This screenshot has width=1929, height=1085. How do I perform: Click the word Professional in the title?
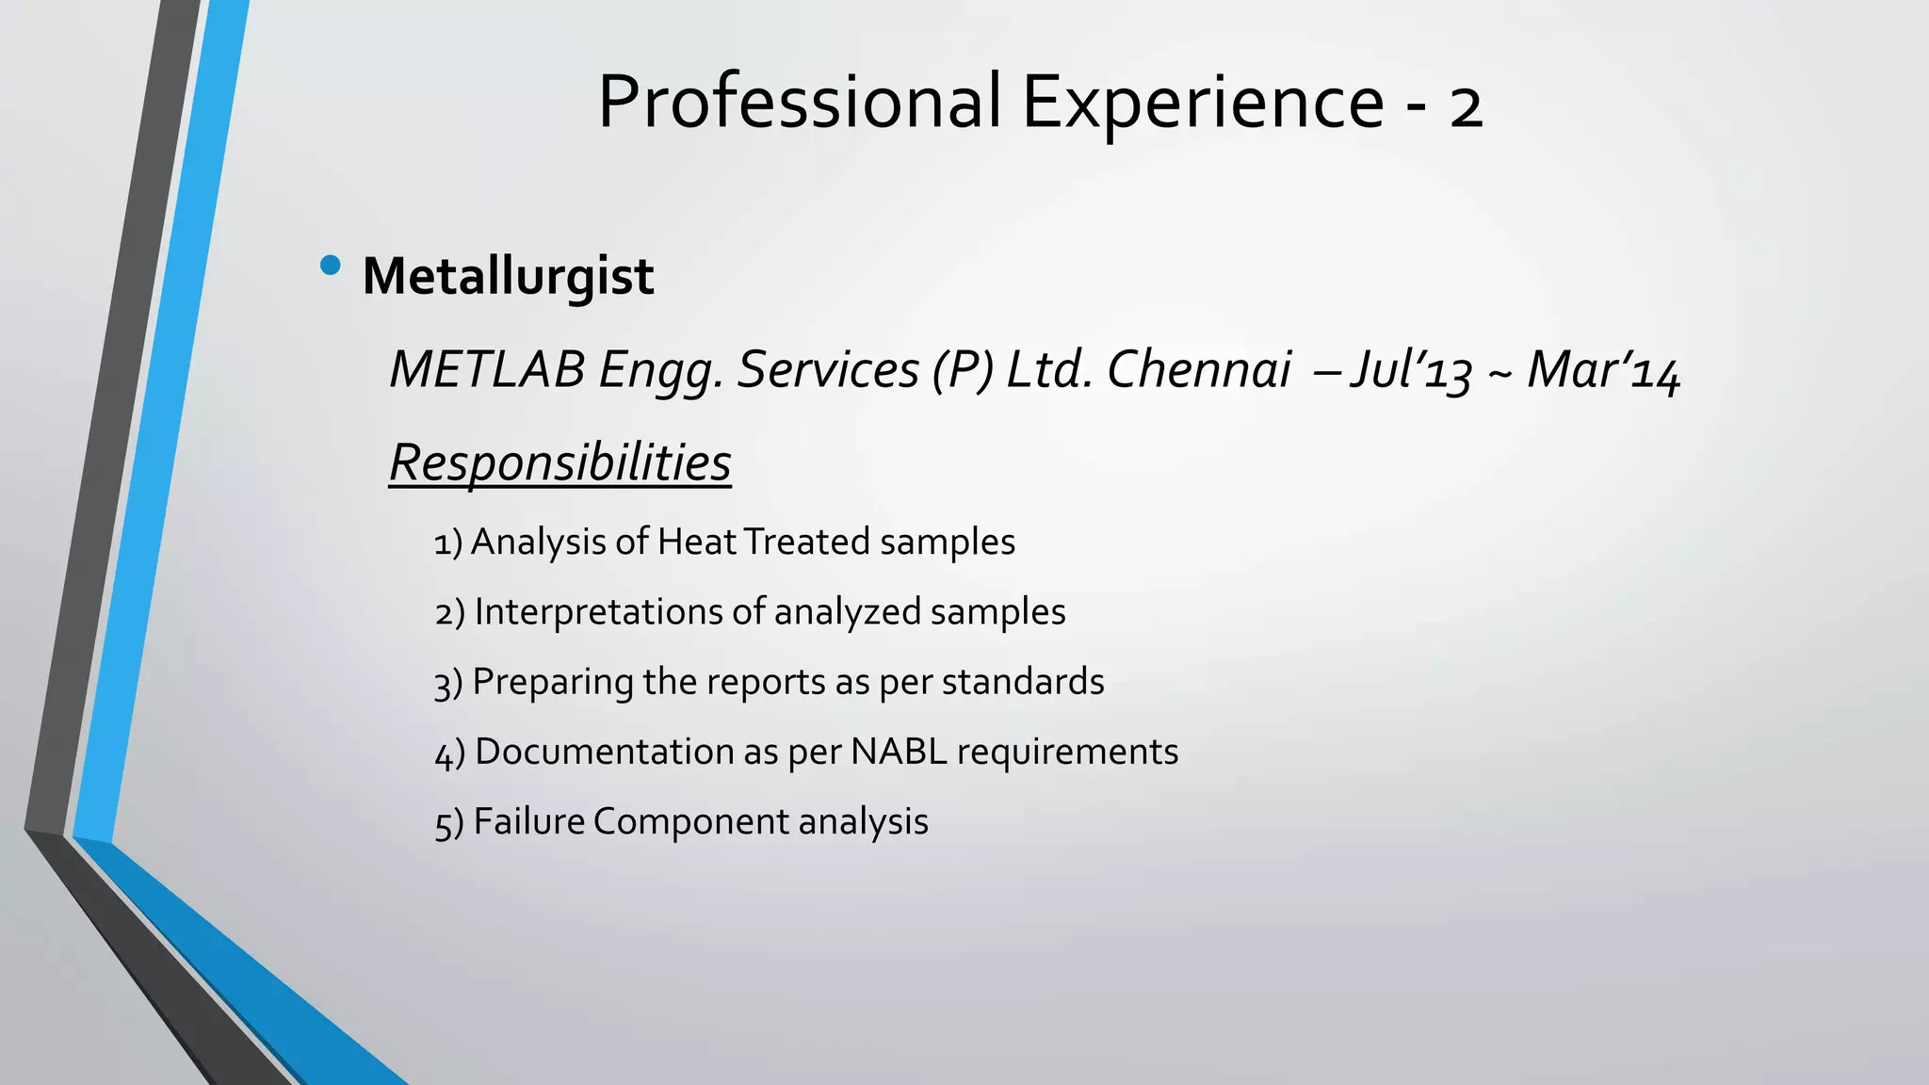pos(799,102)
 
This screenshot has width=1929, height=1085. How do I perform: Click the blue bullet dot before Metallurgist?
pos(330,266)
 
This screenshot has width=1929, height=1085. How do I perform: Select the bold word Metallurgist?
pos(508,277)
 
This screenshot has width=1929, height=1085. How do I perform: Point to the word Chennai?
pos(1198,369)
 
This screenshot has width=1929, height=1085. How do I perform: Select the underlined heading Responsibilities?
pos(559,463)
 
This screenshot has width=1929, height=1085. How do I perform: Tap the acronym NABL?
pos(899,752)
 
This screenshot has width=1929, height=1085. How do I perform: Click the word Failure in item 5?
pos(529,821)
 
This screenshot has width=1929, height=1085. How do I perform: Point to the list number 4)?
pos(449,753)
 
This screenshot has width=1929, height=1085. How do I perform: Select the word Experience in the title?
pos(1203,102)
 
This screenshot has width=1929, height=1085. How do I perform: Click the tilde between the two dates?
pos(1499,373)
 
